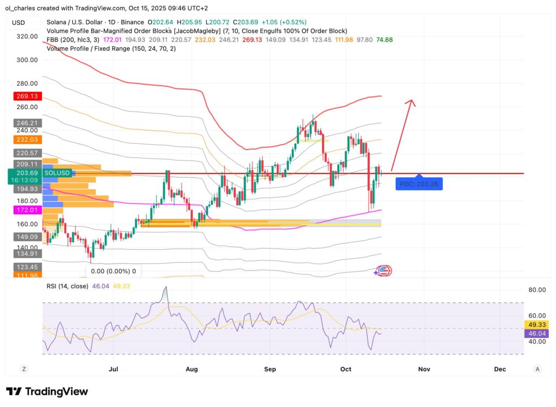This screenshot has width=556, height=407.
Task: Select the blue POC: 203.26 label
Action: coord(419,184)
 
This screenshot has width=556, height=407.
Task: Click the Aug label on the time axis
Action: coord(192,369)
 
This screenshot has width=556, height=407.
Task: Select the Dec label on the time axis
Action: coord(500,369)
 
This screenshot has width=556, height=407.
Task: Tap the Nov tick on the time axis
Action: coord(424,369)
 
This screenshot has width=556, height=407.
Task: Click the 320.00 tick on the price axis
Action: coord(27,36)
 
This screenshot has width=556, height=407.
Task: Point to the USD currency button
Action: coord(19,23)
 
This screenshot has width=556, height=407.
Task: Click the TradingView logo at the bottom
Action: coord(47,391)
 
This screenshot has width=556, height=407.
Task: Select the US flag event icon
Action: coord(383,270)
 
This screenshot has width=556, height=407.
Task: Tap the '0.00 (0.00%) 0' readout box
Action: coord(113,271)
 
